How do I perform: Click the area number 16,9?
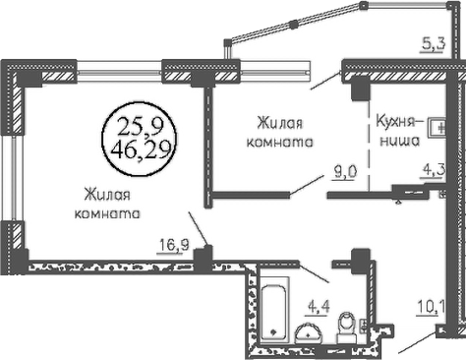coord(174,245)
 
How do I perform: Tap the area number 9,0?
coord(343,172)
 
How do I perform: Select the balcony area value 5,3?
coord(433,44)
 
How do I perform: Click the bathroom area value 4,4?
coord(318,307)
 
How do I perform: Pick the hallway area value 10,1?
coord(430,308)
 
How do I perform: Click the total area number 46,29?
coord(142,150)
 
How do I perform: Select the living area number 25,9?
coord(140,127)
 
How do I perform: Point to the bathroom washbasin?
coord(309,332)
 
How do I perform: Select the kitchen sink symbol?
coord(437,128)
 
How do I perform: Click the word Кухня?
coord(395,121)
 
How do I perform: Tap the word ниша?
coord(399,141)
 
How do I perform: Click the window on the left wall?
coord(13,177)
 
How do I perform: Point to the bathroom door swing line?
coord(314,271)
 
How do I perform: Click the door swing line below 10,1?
coord(417,343)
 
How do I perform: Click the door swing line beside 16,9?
coord(198,228)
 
